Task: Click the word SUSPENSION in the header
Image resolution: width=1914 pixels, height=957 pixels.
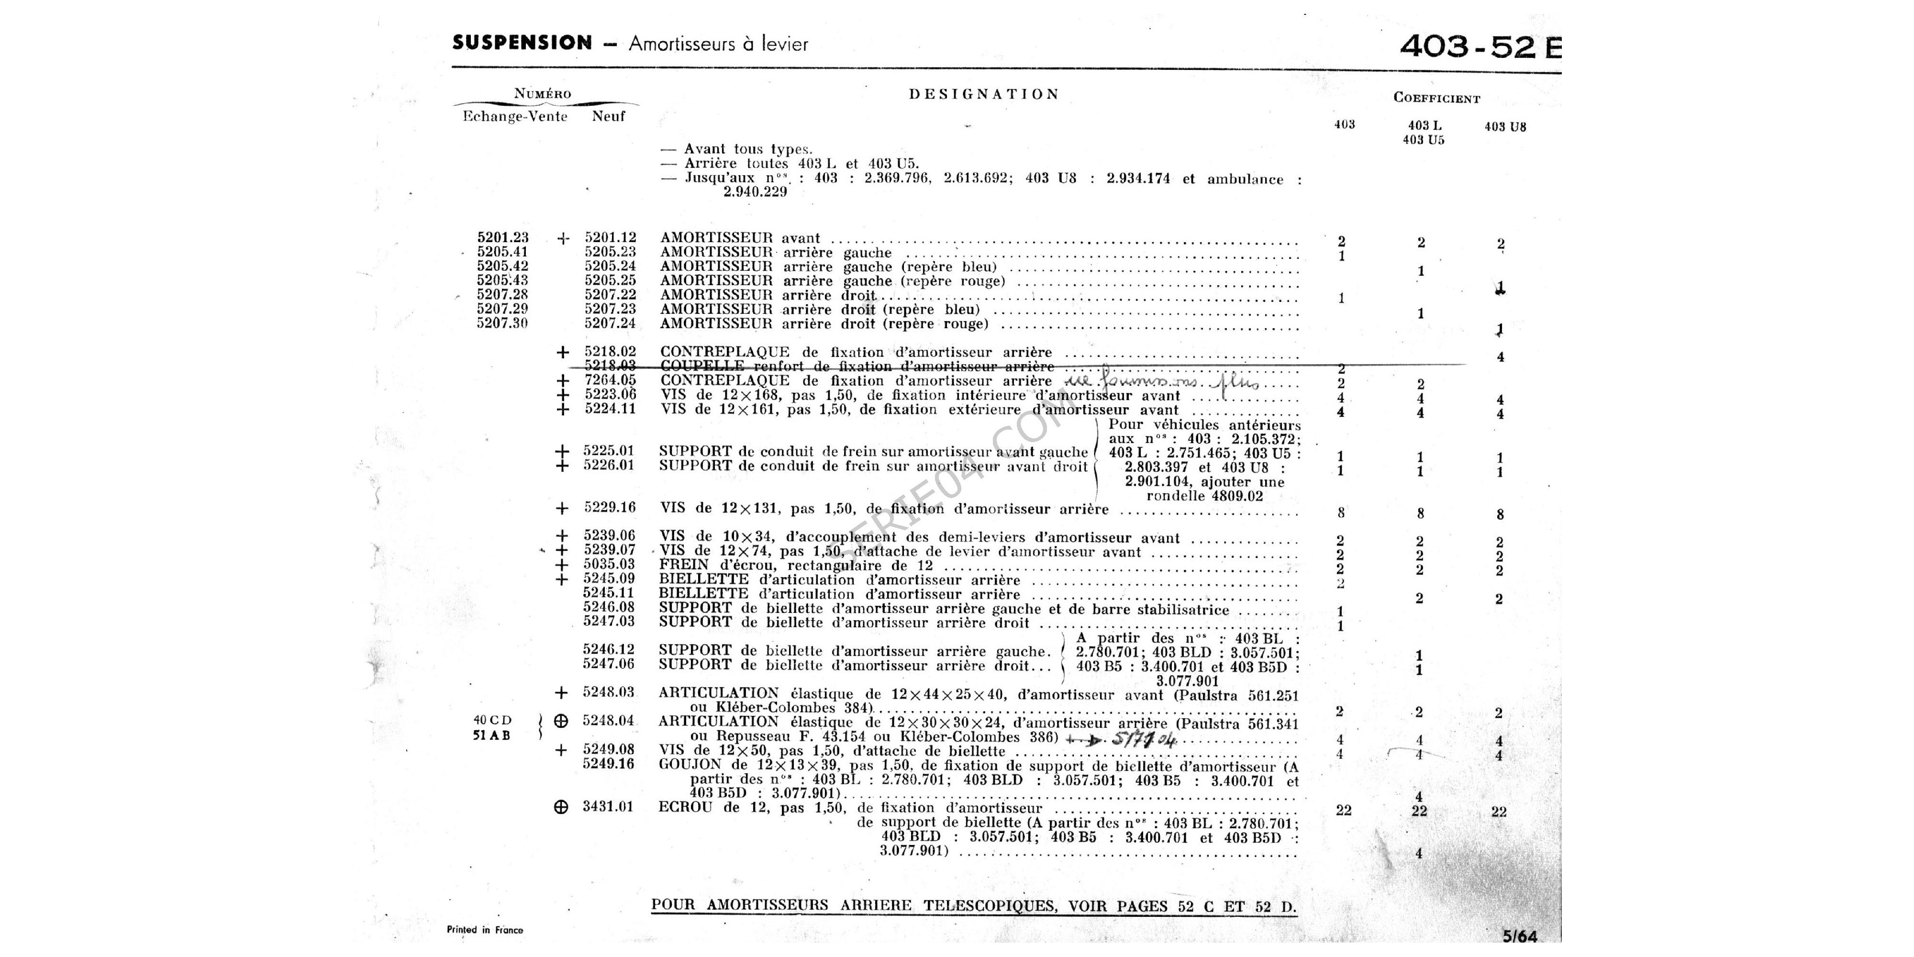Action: [522, 43]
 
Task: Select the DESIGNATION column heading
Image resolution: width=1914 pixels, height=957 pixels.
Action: [984, 94]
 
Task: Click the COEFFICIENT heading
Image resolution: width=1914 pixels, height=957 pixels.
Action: [1436, 98]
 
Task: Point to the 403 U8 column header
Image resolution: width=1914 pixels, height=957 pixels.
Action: [1504, 127]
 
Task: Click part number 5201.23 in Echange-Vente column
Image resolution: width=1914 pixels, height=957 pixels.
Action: [503, 238]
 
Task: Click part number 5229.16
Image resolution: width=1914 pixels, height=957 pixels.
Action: [609, 508]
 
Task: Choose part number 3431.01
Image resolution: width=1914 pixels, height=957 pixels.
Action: [608, 807]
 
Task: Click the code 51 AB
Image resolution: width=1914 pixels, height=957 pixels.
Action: [491, 735]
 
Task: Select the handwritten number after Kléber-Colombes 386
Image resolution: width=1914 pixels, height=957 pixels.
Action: [1144, 739]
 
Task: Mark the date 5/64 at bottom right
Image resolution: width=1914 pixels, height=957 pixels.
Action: [1519, 936]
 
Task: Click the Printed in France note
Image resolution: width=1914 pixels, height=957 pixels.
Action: [484, 930]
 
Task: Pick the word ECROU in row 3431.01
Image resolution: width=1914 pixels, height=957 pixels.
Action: [684, 808]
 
